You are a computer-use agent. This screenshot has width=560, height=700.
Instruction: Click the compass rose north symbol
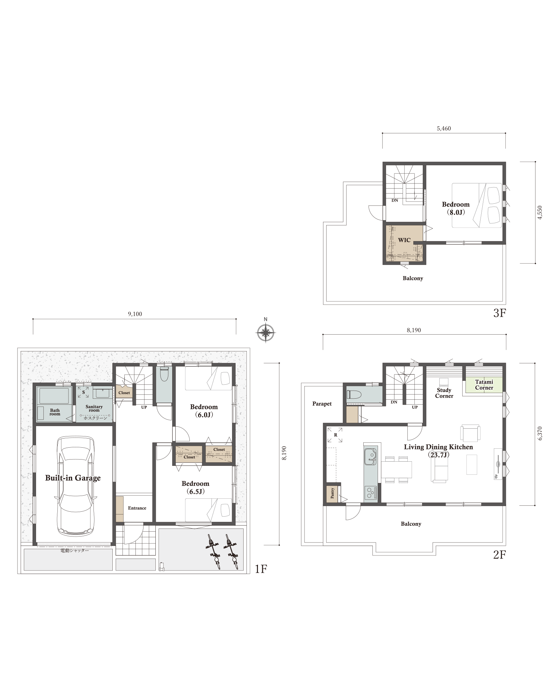(266, 332)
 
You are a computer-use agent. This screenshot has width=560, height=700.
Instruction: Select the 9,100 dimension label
(135, 314)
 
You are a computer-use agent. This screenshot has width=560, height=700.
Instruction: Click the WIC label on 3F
(404, 240)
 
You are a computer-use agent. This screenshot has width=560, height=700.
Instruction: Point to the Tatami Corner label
(484, 385)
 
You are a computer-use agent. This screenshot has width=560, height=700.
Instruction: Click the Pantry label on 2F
(332, 493)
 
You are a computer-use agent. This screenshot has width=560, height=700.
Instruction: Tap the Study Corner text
(444, 393)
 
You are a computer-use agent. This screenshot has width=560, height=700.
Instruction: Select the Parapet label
(322, 404)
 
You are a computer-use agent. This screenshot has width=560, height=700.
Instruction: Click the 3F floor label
(499, 313)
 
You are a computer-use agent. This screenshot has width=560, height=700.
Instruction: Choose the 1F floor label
(261, 569)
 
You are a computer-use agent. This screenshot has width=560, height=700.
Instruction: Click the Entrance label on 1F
(137, 508)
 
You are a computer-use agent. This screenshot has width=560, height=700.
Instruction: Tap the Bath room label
(55, 412)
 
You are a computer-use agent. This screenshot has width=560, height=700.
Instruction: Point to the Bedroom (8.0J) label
(456, 208)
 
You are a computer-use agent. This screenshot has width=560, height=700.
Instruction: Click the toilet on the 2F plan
(354, 394)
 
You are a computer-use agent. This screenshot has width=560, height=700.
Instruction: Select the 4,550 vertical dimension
(540, 212)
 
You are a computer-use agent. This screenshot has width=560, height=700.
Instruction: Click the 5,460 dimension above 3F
(444, 128)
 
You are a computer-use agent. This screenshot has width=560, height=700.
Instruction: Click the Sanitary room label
(94, 408)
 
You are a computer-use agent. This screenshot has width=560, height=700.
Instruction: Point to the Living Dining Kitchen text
(439, 447)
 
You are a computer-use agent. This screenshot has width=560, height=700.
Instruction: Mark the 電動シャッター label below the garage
(75, 551)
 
